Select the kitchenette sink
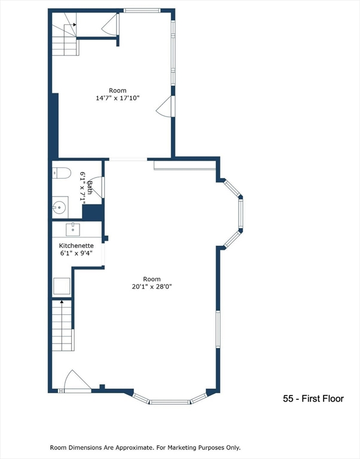(73, 228)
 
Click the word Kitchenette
(75, 246)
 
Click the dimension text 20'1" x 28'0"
(152, 286)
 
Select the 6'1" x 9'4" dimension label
(75, 253)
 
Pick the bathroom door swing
(97, 186)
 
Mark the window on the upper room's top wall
(142, 10)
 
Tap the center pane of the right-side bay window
(240, 213)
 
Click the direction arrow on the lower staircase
(62, 305)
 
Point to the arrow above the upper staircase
(74, 24)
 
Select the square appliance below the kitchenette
(62, 287)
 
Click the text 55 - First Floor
(313, 399)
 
